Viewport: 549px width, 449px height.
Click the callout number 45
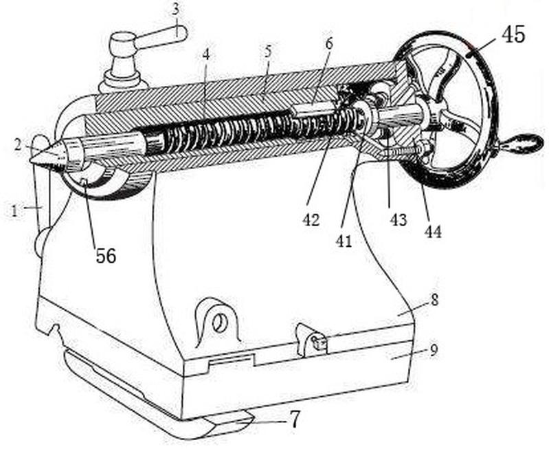(x=514, y=35)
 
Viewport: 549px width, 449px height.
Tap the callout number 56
(x=106, y=256)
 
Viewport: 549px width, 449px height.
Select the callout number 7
(x=295, y=419)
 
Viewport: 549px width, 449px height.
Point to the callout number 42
(x=311, y=220)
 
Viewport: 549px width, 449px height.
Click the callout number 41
(x=344, y=241)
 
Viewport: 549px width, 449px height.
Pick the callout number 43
(x=399, y=220)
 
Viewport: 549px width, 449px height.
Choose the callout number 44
(x=433, y=232)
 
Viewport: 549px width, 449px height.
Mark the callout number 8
(x=434, y=300)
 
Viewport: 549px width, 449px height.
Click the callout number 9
(x=434, y=350)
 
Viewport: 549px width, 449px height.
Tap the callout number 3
(x=176, y=10)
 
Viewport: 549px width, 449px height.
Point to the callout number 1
(x=14, y=211)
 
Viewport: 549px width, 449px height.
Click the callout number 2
(x=18, y=146)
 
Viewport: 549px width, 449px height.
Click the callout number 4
(x=206, y=55)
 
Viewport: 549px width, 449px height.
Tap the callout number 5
(x=268, y=52)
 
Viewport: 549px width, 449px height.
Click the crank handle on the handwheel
(x=522, y=142)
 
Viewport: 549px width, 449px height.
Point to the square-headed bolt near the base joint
(x=320, y=342)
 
